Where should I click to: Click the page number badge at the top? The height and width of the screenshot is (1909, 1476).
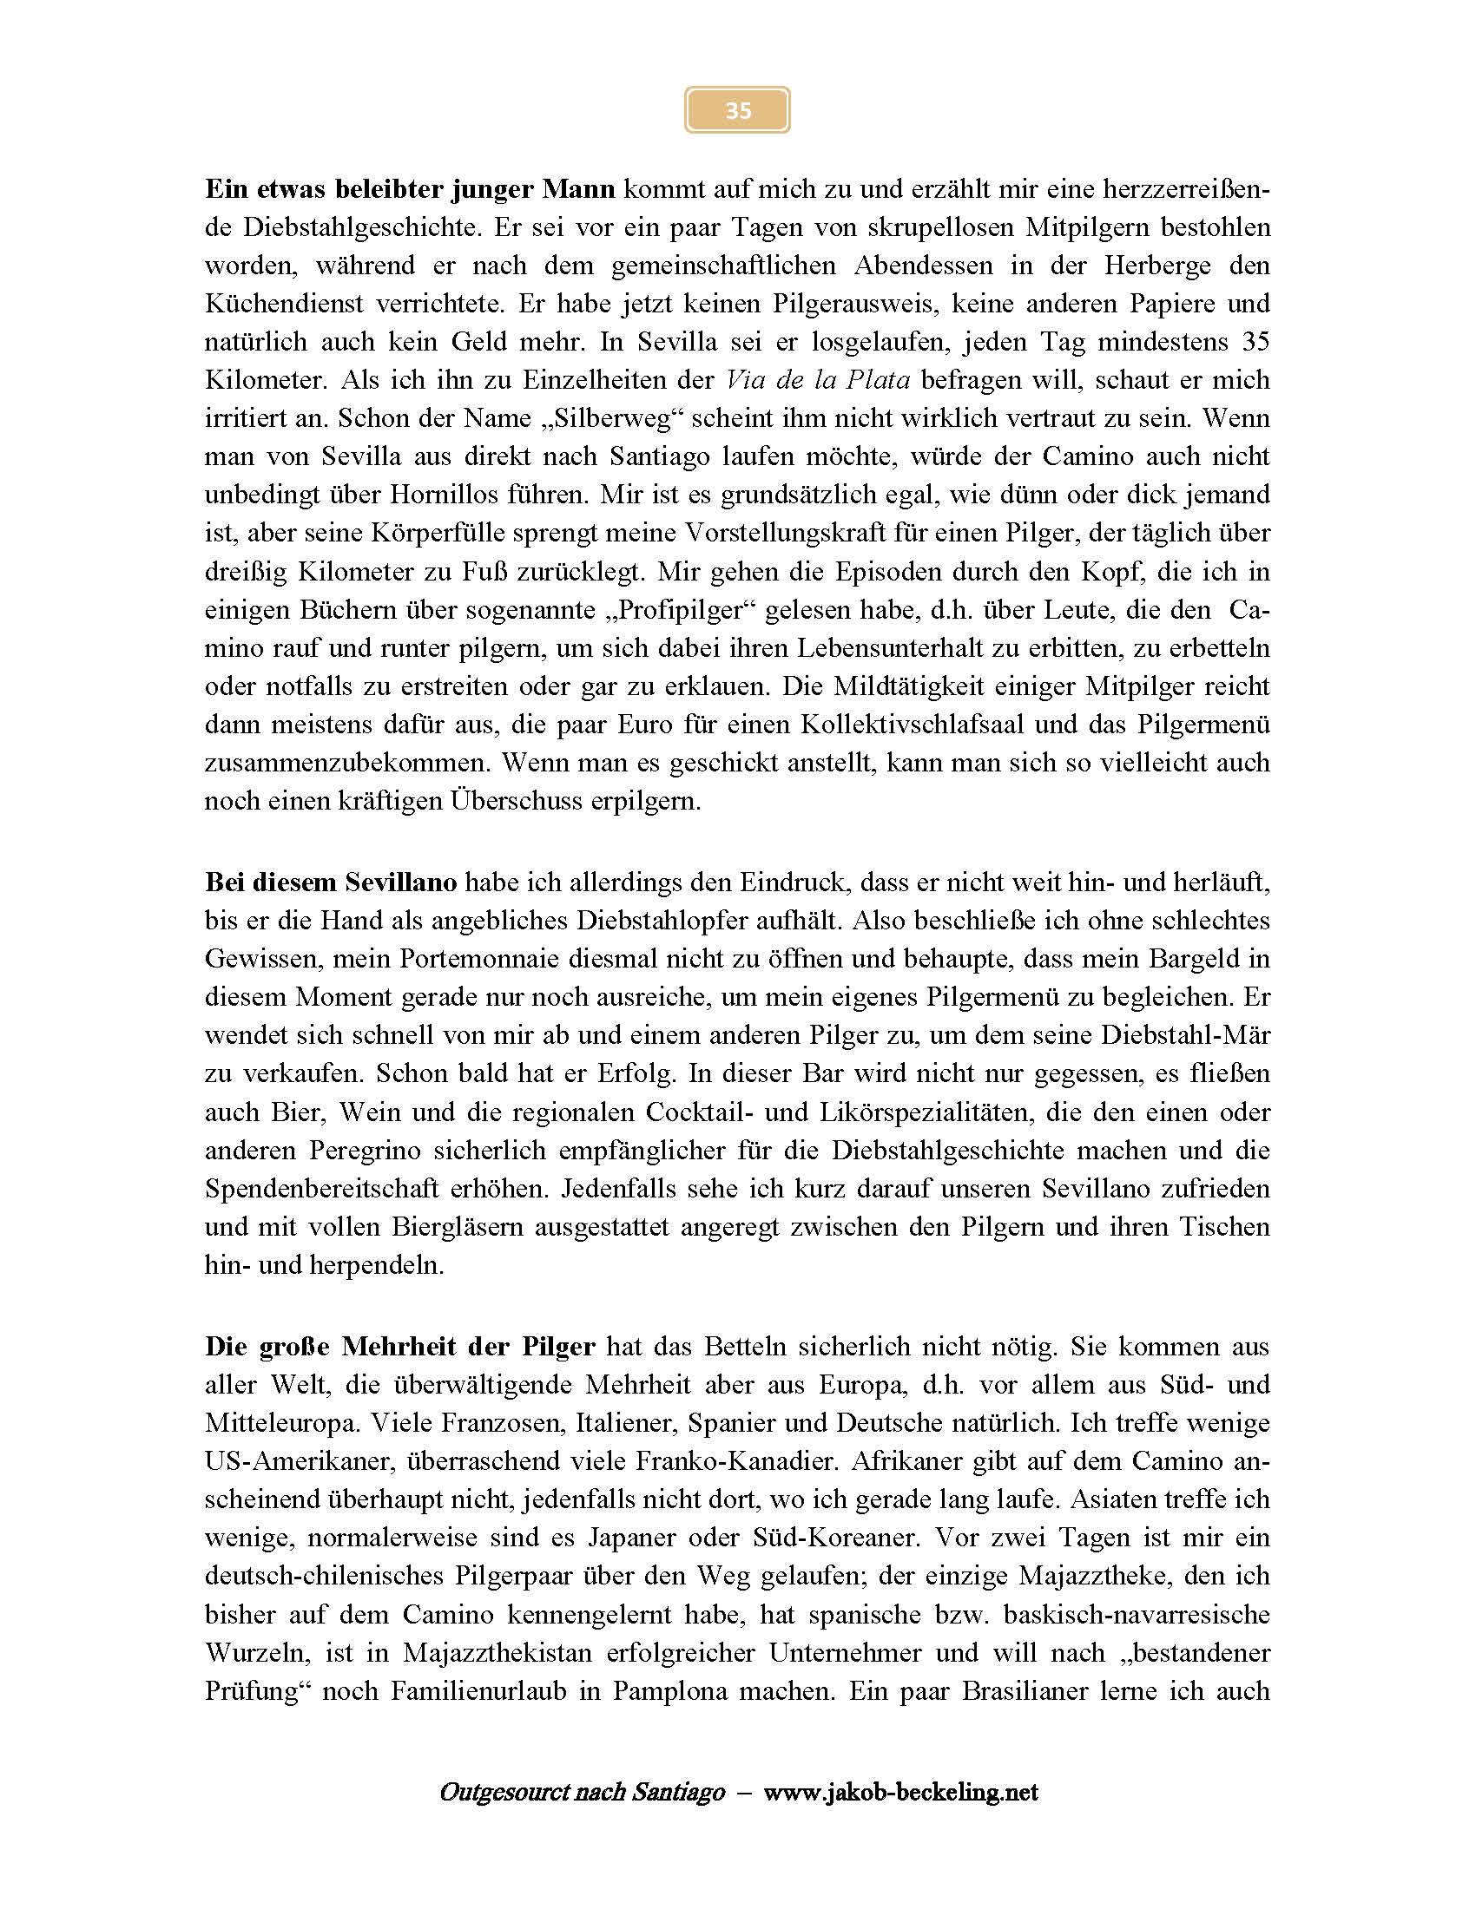click(x=737, y=110)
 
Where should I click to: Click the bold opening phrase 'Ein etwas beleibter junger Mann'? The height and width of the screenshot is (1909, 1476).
click(x=410, y=189)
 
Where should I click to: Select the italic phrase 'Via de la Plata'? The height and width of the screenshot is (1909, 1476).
click(x=818, y=380)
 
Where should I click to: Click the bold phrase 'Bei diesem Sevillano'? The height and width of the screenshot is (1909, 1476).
click(x=331, y=882)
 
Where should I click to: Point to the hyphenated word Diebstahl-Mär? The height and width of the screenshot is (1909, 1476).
click(x=1185, y=1036)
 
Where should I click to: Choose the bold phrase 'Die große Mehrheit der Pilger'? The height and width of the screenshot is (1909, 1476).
click(x=400, y=1347)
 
